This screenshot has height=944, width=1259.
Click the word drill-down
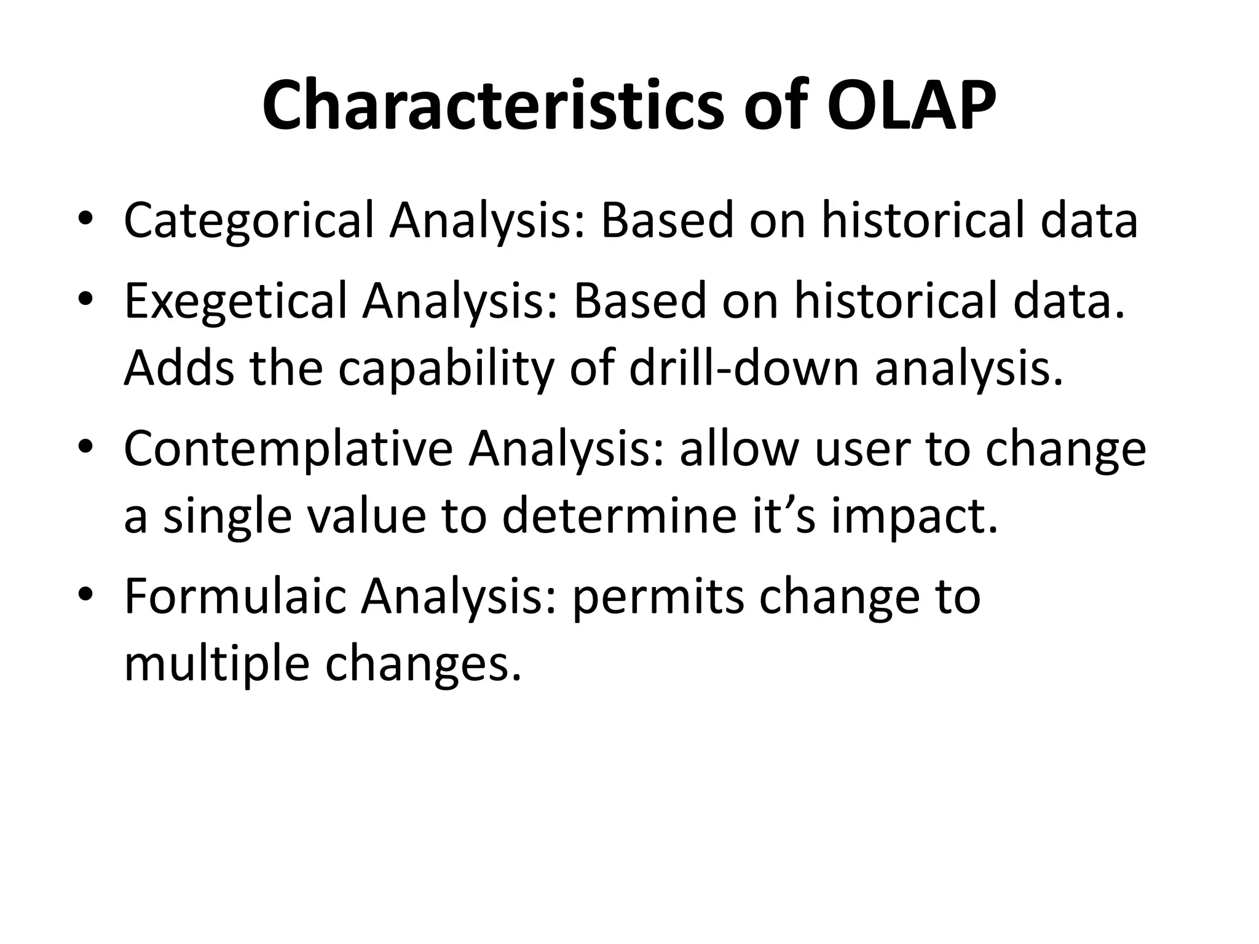743,368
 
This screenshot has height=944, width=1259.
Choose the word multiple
216,665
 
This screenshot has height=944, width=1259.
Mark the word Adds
179,368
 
